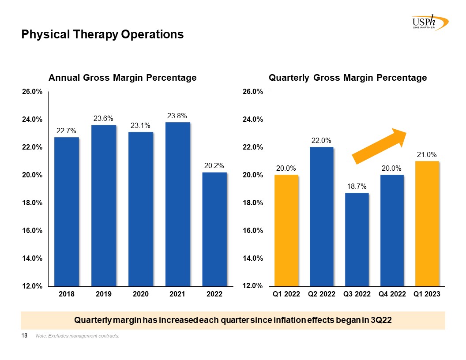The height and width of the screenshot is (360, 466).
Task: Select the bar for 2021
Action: [x=178, y=204]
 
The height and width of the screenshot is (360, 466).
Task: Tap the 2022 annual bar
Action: [x=214, y=229]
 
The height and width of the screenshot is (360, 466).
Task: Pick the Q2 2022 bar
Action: [x=321, y=216]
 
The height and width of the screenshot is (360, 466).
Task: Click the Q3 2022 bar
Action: [x=357, y=239]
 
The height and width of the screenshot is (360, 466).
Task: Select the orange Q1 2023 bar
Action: [x=427, y=223]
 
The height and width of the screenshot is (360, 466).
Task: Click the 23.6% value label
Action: [x=104, y=118]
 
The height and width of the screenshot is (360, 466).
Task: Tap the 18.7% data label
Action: [x=357, y=187]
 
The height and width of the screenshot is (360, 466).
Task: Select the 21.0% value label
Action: [x=427, y=154]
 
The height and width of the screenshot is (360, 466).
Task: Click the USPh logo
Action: [x=428, y=22]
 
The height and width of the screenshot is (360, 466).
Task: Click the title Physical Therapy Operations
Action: [x=102, y=34]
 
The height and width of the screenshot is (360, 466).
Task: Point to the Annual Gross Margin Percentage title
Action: [x=122, y=78]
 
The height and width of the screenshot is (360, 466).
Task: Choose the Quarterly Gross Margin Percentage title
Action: [x=348, y=78]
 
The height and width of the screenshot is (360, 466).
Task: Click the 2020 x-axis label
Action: [x=141, y=294]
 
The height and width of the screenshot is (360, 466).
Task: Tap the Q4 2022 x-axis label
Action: [x=392, y=294]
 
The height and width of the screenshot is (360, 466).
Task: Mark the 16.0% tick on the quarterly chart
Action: [x=253, y=230]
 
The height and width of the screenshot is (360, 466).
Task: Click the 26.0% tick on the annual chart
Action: [x=32, y=92]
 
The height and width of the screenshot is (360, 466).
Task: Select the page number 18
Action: [x=25, y=336]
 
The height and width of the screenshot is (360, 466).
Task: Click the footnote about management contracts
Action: [x=78, y=337]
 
